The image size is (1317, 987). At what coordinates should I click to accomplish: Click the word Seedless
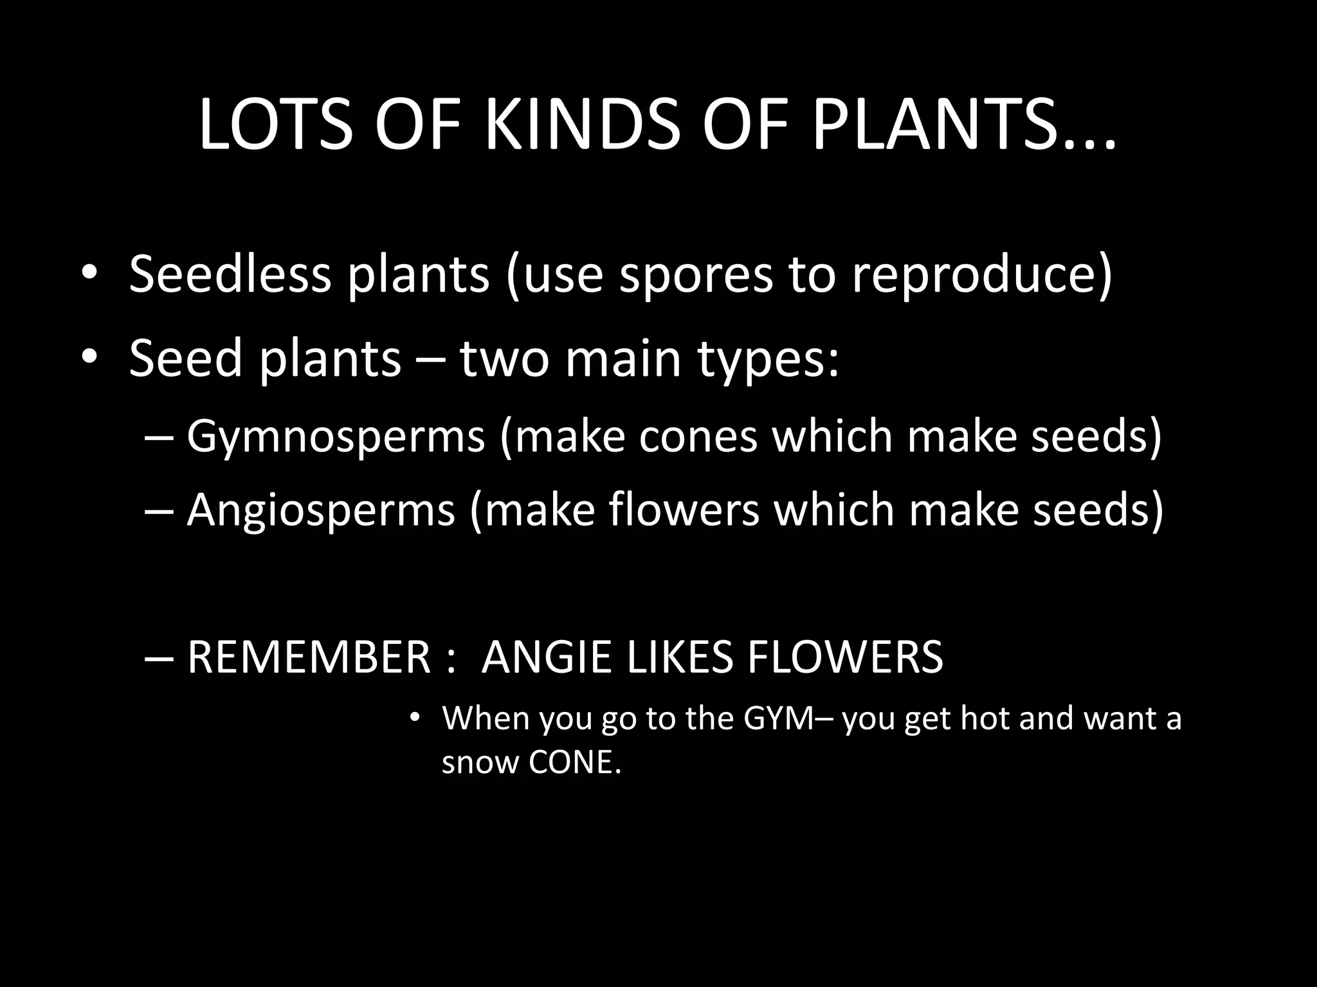point(230,274)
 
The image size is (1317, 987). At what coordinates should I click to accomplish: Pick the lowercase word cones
point(699,436)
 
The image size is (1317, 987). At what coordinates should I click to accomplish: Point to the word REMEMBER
point(309,657)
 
